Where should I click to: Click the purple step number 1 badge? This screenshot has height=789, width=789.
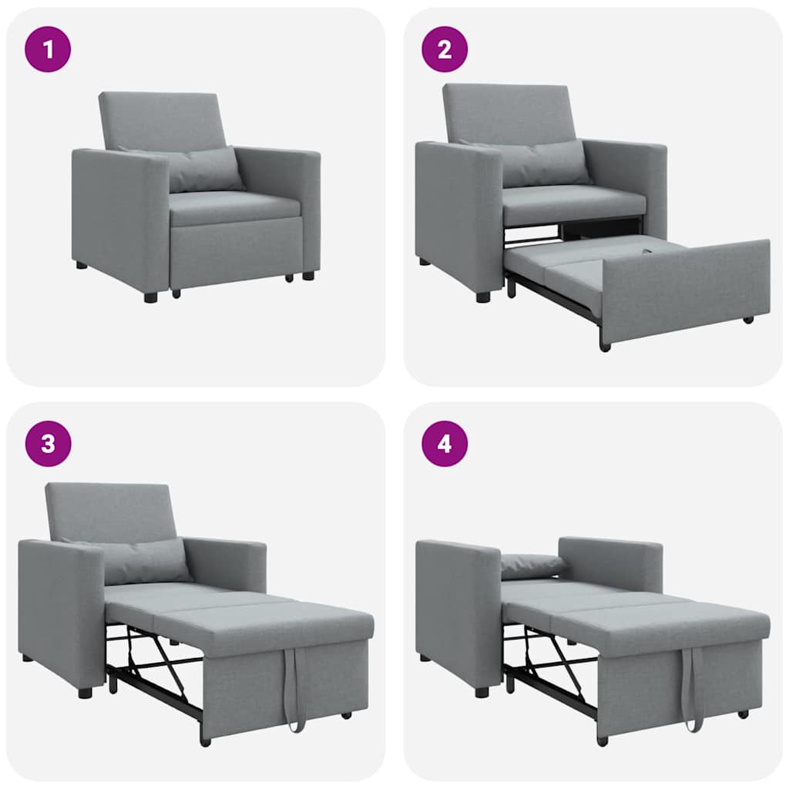click(x=48, y=49)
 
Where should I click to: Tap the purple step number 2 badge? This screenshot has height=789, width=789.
click(x=445, y=49)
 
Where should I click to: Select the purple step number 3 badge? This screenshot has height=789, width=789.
click(x=48, y=444)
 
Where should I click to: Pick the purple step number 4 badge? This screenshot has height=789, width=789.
click(x=445, y=444)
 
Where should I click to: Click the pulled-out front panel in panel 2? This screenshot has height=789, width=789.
click(x=686, y=289)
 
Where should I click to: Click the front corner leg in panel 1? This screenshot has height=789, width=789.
click(x=150, y=296)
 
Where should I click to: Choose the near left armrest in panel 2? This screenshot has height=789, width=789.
click(x=458, y=216)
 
